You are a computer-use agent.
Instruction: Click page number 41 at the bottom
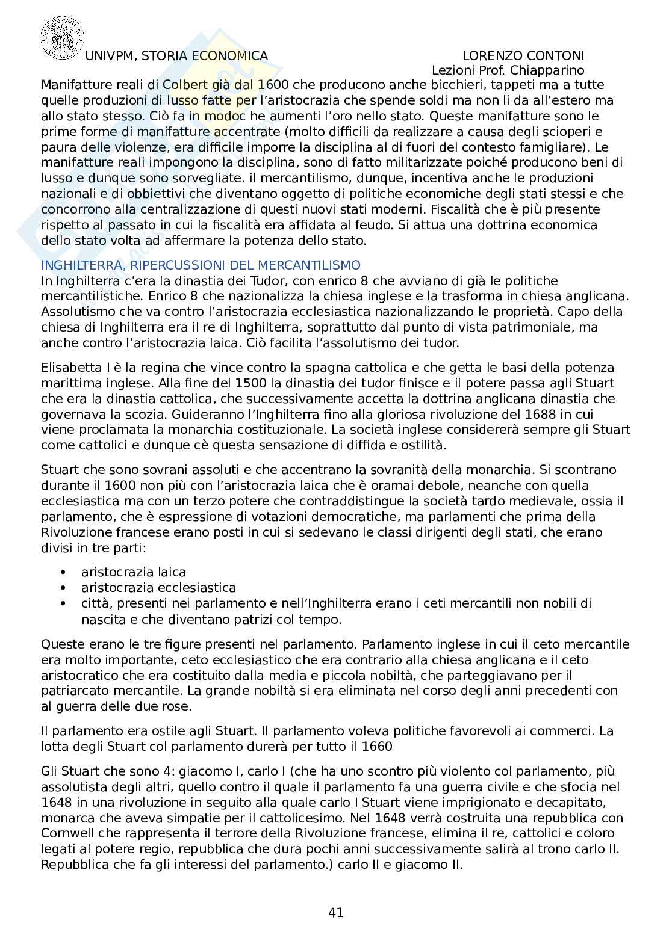click(336, 913)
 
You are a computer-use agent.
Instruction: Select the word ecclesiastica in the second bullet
click(196, 588)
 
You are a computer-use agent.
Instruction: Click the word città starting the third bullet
click(95, 603)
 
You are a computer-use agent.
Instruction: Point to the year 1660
click(375, 747)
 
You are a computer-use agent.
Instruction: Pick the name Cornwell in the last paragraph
click(69, 834)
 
